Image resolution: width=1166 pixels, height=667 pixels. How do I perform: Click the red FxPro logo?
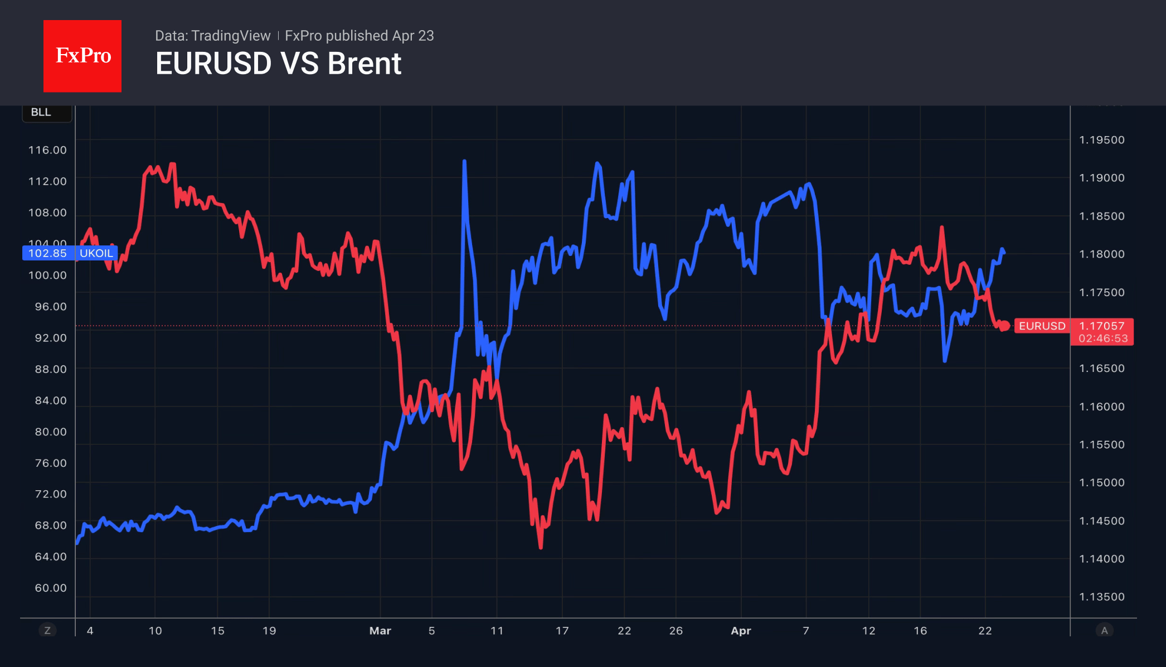[82, 56]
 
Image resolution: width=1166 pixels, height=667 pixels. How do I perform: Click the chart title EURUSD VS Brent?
[278, 64]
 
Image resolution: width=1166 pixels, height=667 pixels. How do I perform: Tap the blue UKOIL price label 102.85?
[47, 253]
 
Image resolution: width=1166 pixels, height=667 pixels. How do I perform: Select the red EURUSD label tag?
[1042, 326]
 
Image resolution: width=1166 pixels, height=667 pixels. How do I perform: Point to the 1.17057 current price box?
[1102, 326]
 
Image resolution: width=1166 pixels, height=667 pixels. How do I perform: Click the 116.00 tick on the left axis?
[47, 150]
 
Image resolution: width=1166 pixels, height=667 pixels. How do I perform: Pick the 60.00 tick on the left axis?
[50, 588]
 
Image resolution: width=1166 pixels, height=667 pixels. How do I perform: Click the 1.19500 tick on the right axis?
[1102, 140]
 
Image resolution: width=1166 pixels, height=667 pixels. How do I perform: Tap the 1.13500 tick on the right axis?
[1102, 597]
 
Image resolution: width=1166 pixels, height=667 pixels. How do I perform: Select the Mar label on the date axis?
[380, 631]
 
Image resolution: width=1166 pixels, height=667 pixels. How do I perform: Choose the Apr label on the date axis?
[741, 631]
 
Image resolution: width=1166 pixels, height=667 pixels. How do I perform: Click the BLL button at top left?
[41, 112]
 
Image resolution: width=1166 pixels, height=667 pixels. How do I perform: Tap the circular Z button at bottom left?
[47, 631]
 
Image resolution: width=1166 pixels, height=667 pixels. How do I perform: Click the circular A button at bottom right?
[1104, 631]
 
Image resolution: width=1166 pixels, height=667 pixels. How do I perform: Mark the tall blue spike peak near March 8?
[464, 162]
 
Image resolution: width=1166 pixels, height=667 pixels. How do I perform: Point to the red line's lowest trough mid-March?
[541, 548]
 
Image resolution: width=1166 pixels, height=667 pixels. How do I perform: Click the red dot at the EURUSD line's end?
[1004, 326]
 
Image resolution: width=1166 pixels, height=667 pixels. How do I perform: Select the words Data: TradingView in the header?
[212, 36]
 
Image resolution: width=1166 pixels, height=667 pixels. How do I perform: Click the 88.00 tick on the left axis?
[50, 369]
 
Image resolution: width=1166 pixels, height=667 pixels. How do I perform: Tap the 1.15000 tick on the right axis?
[1102, 482]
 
